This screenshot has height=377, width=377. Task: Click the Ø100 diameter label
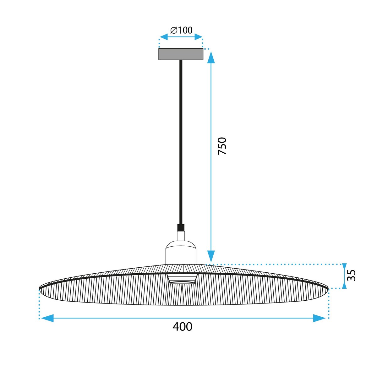pyautogui.click(x=181, y=30)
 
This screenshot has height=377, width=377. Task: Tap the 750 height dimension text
pyautogui.click(x=222, y=146)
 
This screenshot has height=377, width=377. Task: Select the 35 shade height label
pyautogui.click(x=352, y=276)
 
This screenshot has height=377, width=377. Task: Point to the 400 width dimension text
pyautogui.click(x=182, y=327)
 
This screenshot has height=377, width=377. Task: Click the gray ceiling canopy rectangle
pyautogui.click(x=181, y=54)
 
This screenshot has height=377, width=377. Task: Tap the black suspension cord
pyautogui.click(x=181, y=141)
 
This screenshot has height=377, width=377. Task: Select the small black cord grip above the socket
pyautogui.click(x=181, y=227)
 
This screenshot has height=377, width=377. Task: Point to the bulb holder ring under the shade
pyautogui.click(x=182, y=279)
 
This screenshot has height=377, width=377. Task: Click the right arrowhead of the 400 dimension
pyautogui.click(x=320, y=318)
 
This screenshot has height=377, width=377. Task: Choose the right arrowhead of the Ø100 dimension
pyautogui.click(x=198, y=37)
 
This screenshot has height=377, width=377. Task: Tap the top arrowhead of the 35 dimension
pyautogui.click(x=344, y=267)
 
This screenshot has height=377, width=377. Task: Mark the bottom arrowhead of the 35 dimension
pyautogui.click(x=344, y=285)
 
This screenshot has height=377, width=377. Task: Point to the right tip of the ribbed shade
pyautogui.click(x=327, y=288)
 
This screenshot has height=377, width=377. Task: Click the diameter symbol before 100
pyautogui.click(x=174, y=30)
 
